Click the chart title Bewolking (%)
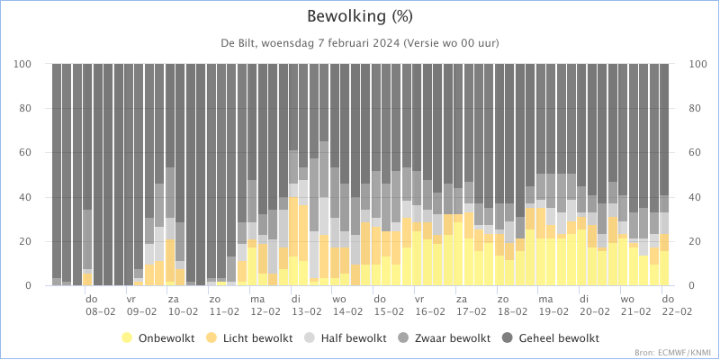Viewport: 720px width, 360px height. [x=360, y=16]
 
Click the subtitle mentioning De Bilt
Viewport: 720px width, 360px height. [x=360, y=43]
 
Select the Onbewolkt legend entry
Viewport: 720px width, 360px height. [x=158, y=338]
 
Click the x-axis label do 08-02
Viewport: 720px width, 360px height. [x=100, y=305]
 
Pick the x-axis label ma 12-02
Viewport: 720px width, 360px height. [x=265, y=305]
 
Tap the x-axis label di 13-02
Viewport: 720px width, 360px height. [x=306, y=305]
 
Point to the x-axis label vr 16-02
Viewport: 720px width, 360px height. [x=430, y=305]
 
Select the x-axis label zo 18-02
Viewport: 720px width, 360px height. [x=512, y=305]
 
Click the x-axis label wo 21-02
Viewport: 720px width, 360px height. [x=635, y=305]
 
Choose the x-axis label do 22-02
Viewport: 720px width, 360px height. [x=677, y=305]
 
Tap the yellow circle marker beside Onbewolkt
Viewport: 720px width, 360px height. [x=127, y=338]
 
